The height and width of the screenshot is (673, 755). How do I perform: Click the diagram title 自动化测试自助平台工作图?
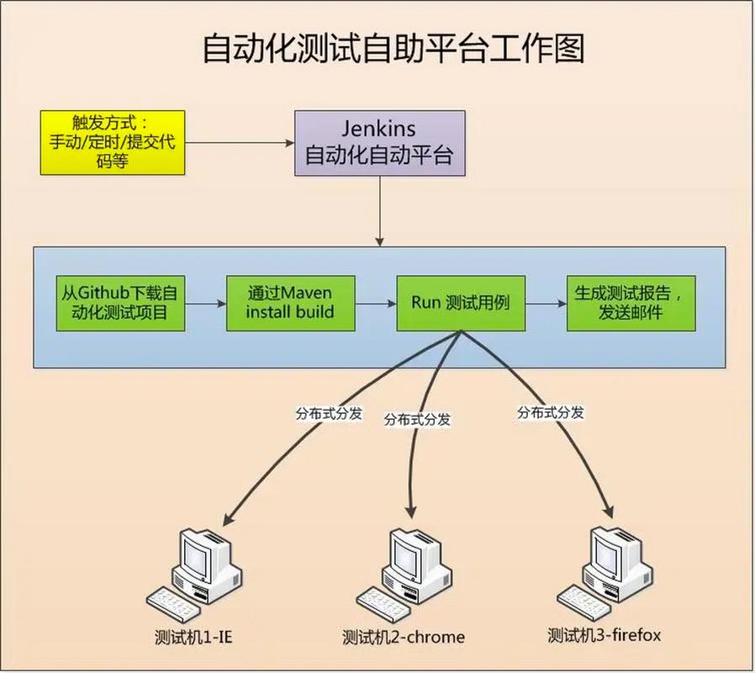393,49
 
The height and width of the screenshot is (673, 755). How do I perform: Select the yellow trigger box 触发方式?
113,143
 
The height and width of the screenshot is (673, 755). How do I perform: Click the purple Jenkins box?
380,143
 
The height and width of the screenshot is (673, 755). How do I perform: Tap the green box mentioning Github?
120,303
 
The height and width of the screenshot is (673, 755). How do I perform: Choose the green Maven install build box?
290,303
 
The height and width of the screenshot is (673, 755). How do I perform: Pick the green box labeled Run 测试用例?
461,303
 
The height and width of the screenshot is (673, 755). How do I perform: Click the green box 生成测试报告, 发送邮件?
631,303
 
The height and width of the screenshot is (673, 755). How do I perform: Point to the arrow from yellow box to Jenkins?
240,143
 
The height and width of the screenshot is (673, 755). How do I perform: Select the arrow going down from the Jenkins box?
380,211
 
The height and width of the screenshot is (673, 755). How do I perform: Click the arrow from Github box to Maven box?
206,304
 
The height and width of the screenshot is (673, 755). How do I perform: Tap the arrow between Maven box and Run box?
376,304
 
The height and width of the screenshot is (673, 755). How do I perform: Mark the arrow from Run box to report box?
546,304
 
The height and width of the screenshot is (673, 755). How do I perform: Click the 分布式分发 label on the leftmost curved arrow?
329,413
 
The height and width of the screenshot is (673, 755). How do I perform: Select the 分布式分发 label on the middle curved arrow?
417,420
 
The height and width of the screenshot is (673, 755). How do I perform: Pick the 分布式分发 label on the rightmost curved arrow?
551,412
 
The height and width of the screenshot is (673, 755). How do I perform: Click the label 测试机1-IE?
193,637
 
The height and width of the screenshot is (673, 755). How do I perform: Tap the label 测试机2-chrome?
404,637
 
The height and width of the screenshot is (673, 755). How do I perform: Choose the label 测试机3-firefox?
605,635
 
